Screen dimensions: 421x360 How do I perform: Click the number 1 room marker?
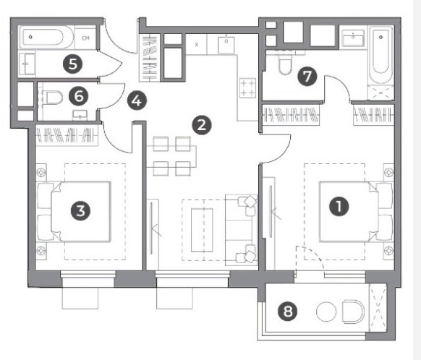339,206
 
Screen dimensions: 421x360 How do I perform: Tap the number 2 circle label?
202,125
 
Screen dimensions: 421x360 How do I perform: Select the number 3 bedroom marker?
80,211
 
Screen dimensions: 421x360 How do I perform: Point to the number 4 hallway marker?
137,101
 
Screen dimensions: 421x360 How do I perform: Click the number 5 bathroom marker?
73,64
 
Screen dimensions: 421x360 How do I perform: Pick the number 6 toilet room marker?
78,97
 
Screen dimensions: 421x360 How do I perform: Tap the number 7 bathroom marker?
307,77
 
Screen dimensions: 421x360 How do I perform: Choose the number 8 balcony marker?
288,312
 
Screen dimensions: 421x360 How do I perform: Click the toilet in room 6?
53,98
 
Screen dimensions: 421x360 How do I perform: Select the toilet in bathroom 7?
285,65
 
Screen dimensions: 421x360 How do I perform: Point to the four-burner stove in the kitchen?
247,88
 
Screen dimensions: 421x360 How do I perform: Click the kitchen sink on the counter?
226,45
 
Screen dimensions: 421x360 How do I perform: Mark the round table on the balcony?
326,312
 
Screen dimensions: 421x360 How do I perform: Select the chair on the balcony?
353,312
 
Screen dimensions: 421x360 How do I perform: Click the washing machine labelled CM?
85,38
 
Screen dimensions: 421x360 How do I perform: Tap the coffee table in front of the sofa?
202,230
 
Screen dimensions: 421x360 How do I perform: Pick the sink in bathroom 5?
27,64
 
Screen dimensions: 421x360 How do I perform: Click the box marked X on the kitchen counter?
197,45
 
